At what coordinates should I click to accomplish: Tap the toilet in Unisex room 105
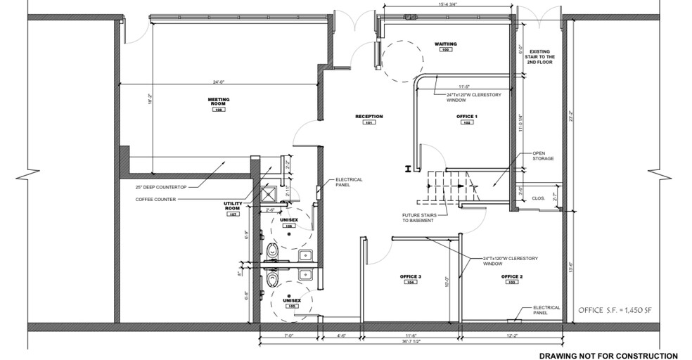[x=273, y=281]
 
